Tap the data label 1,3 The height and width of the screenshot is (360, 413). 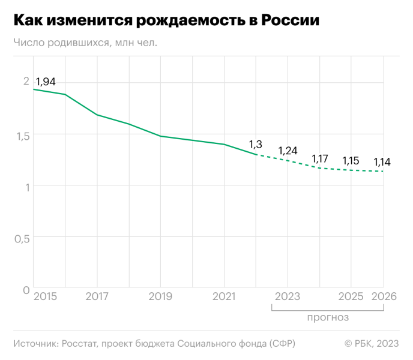tap(255, 145)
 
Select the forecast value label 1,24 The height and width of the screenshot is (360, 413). tap(288, 151)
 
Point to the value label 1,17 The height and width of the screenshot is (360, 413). tap(320, 159)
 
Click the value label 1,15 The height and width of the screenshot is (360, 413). tap(351, 161)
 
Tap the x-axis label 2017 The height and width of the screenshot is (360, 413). tap(97, 296)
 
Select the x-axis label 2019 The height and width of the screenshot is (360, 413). tap(160, 296)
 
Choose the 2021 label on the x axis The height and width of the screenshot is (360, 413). tap(224, 296)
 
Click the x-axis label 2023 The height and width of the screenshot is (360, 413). tap(287, 296)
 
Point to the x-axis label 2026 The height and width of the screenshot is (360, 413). tap(384, 296)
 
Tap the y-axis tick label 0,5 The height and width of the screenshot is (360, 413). tap(22, 239)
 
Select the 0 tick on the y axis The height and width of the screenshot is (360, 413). tap(26, 290)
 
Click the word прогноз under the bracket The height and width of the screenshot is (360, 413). tap(328, 317)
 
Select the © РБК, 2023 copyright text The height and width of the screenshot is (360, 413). tap(371, 344)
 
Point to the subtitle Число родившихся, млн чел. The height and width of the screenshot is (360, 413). tap(85, 43)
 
